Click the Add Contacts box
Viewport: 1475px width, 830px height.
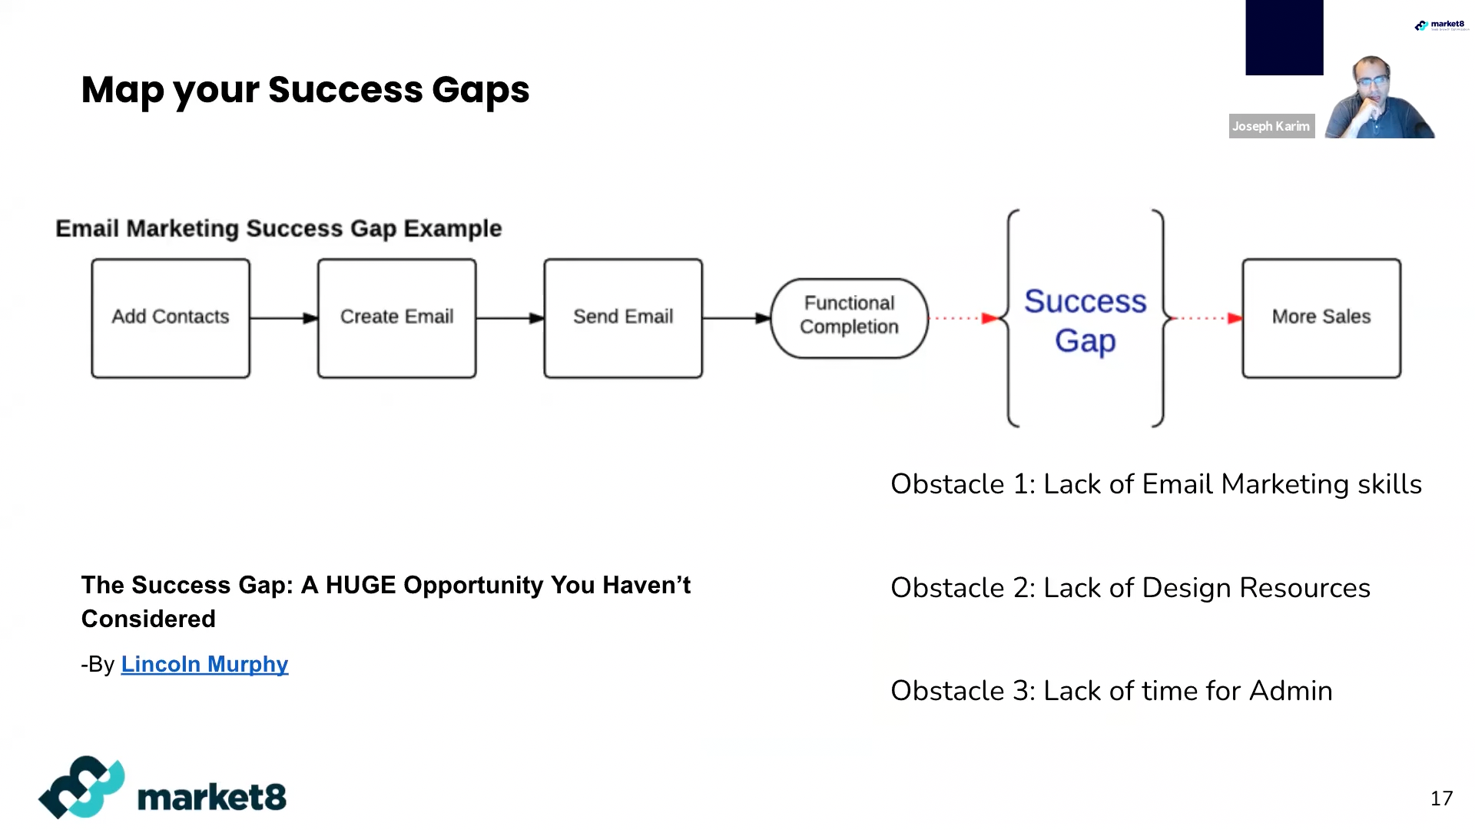[171, 318]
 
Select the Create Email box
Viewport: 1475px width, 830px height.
[396, 318]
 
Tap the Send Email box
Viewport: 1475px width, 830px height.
[623, 318]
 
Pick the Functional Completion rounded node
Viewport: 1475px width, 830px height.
[849, 318]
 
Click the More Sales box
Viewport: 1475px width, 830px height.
[1321, 318]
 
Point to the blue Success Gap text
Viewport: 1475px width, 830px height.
[1085, 320]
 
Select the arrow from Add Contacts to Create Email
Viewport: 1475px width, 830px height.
[283, 318]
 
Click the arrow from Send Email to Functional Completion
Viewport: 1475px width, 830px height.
[736, 318]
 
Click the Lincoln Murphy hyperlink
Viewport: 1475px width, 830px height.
[204, 664]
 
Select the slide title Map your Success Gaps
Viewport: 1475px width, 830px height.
[305, 90]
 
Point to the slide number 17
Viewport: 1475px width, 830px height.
[1441, 798]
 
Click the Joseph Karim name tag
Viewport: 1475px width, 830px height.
[1271, 126]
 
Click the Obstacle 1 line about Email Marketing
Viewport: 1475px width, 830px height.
[1155, 484]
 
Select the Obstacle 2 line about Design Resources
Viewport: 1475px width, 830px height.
[1129, 588]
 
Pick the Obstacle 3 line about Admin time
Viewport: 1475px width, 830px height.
[1111, 691]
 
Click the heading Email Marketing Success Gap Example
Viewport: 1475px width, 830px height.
[278, 228]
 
